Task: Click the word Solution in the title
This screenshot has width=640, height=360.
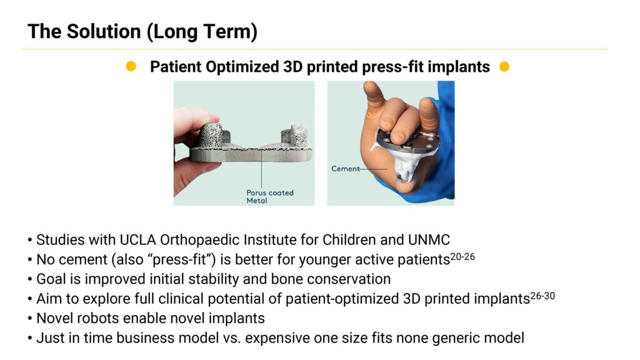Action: pos(104,31)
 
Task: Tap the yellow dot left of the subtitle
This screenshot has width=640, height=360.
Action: pos(131,66)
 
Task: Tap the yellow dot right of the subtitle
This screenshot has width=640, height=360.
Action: pos(504,66)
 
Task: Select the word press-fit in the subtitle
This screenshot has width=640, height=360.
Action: pos(392,67)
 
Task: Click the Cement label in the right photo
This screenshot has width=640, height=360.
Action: pos(345,169)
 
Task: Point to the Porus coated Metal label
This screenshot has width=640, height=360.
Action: pos(270,196)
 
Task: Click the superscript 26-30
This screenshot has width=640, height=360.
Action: pos(542,296)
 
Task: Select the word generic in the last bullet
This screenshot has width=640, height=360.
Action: pos(456,338)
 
